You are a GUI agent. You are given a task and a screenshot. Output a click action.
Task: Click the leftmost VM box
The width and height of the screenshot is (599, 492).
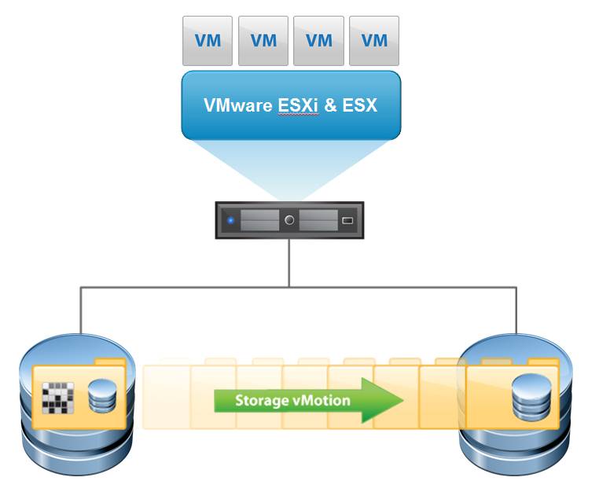(208, 39)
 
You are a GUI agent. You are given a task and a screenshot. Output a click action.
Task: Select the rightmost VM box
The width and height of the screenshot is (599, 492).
(373, 39)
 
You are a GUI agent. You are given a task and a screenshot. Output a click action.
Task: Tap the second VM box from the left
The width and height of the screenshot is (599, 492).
(263, 39)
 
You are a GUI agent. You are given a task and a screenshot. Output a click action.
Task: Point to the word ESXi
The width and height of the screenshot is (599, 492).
(298, 105)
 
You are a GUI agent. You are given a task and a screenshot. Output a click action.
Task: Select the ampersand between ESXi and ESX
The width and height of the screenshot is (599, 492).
(330, 105)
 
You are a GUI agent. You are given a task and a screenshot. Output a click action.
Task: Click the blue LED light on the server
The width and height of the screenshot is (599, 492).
(230, 221)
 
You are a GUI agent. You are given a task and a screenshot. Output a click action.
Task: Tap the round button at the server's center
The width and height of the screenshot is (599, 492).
(290, 221)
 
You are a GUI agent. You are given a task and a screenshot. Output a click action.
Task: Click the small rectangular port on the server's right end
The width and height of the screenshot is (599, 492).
(347, 221)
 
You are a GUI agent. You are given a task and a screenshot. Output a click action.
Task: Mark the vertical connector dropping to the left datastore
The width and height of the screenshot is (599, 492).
(80, 310)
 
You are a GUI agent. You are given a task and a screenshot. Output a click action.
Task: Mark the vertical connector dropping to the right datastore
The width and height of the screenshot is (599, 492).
(516, 310)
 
